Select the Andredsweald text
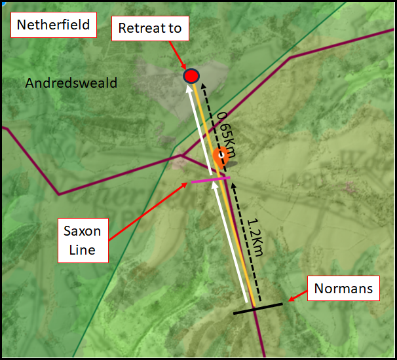click(71, 83)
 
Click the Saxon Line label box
click(83, 240)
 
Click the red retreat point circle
click(191, 77)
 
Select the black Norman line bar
click(258, 308)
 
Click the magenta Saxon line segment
click(210, 180)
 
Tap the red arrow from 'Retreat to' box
click(176, 55)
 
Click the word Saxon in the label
click(83, 231)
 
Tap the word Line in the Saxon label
click(83, 249)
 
